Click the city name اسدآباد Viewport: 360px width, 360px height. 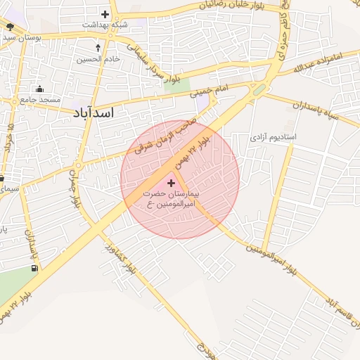point(98,112)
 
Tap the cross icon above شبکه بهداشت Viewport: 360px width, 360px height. point(105,14)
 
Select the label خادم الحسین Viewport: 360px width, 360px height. point(98,59)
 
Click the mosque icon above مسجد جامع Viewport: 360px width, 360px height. point(39,89)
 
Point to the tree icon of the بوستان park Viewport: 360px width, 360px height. point(10,26)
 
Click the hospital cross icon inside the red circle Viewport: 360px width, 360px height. point(172,182)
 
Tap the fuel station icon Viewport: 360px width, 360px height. point(34,268)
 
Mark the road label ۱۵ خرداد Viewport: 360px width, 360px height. point(9,141)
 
